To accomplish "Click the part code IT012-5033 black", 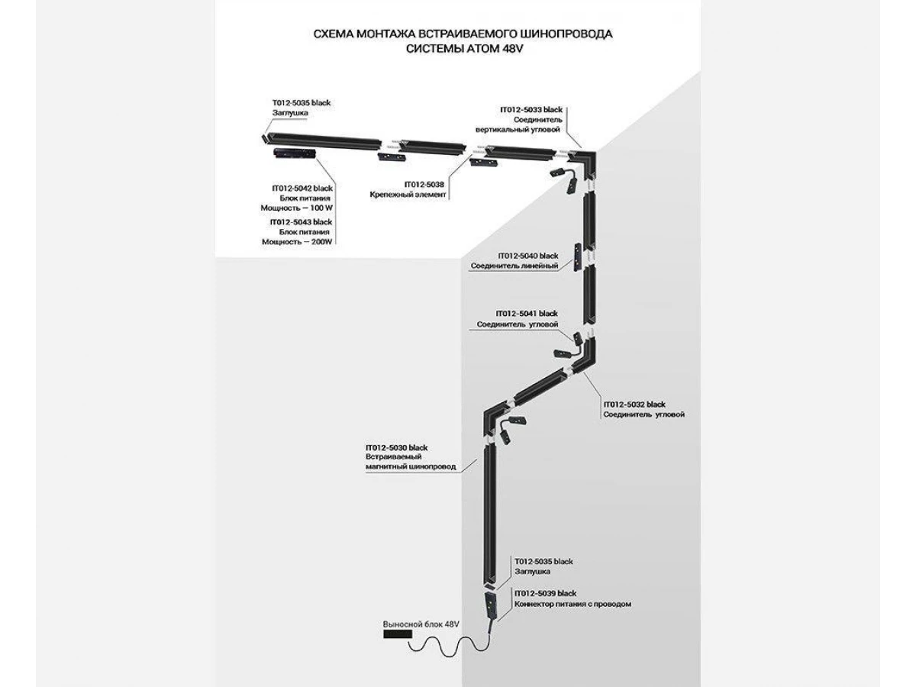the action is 531,110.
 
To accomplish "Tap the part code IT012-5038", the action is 424,185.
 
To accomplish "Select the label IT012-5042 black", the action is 302,188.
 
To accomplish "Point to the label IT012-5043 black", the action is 301,222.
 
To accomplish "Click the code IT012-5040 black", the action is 528,256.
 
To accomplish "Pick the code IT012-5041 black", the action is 527,313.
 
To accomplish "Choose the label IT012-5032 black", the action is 634,405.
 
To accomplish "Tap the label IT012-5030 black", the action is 396,447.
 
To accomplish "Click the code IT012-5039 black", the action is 545,593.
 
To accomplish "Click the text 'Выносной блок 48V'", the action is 421,624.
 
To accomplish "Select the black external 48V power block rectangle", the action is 398,634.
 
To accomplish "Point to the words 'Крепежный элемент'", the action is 408,195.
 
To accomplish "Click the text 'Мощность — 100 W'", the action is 297,208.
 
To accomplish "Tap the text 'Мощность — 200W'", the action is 297,241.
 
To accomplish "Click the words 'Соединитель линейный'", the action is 514,266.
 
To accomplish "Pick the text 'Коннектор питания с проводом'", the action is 572,604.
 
